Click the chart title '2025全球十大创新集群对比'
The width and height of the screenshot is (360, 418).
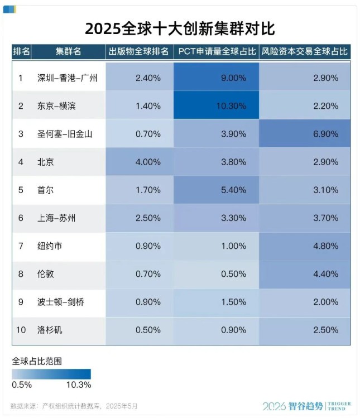[x=180, y=28]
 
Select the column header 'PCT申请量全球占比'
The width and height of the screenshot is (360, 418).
[x=217, y=51]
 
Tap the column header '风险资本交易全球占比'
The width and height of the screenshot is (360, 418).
[x=305, y=51]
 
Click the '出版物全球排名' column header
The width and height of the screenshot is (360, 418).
[x=139, y=51]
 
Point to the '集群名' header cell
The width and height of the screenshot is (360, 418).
[x=68, y=51]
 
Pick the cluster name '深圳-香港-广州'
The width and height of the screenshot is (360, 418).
[x=67, y=78]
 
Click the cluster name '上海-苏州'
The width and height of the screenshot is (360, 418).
[x=56, y=218]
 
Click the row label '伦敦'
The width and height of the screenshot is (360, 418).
[x=46, y=274]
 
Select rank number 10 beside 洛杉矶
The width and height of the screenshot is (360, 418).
[x=21, y=330]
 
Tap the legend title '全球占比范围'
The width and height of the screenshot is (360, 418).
[x=37, y=361]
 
